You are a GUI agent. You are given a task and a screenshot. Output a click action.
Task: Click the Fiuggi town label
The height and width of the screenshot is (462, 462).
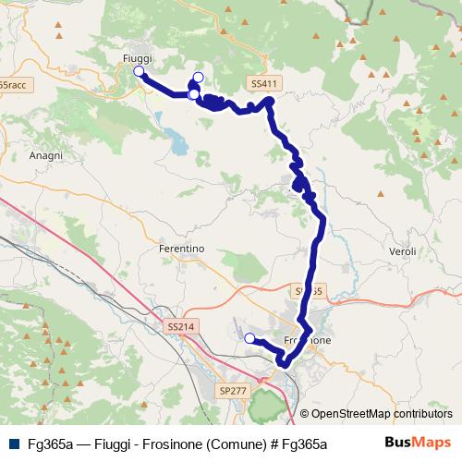tap(137, 57)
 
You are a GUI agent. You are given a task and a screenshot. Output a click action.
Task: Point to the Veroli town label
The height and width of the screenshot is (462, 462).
tap(405, 251)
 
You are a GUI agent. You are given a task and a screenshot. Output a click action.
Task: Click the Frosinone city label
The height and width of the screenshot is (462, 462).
tap(307, 339)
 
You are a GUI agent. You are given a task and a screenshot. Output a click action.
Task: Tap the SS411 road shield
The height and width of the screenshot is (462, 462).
tap(263, 83)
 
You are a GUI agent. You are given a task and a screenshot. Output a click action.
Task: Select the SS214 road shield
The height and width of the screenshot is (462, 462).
tap(181, 326)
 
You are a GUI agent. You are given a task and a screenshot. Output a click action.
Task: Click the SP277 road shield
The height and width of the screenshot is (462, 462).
tap(233, 392)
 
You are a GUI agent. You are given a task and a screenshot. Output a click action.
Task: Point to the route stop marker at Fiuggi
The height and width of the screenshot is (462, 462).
tap(139, 71)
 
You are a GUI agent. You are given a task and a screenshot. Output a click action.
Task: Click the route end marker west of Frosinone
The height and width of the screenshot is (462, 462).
tap(249, 338)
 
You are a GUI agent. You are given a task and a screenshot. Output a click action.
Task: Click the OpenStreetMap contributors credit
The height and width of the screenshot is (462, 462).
tap(381, 414)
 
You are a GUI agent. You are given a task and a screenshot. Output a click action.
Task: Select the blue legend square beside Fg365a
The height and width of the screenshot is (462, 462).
tap(14, 444)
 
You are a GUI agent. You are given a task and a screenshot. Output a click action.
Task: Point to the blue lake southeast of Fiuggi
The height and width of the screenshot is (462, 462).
tap(176, 143)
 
